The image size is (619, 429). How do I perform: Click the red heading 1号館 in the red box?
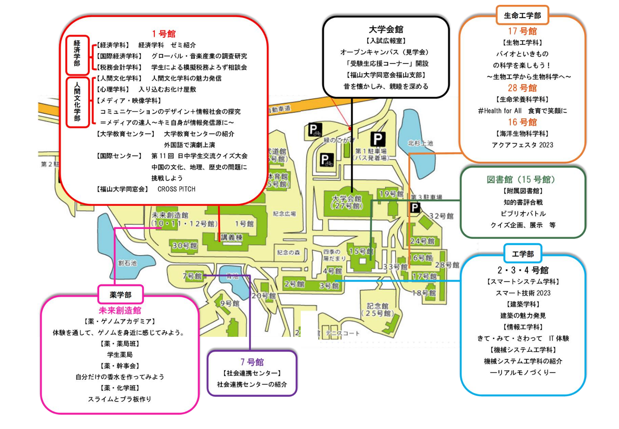(x=164, y=34)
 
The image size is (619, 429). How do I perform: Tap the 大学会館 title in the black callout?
(x=386, y=29)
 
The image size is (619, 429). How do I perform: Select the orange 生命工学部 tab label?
(x=522, y=15)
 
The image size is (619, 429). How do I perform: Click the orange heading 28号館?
(x=522, y=88)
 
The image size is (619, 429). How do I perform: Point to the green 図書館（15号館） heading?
(x=522, y=179)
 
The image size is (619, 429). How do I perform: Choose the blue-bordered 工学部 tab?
(x=523, y=254)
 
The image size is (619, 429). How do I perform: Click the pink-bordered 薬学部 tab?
(x=121, y=294)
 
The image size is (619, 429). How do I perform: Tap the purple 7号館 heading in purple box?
(x=252, y=362)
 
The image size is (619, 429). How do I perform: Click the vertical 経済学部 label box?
(x=77, y=54)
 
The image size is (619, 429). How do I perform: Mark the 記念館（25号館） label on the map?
(x=378, y=310)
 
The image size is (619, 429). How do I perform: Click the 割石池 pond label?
(x=127, y=263)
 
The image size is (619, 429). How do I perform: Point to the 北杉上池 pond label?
(x=420, y=143)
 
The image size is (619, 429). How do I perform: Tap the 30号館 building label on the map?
(x=184, y=246)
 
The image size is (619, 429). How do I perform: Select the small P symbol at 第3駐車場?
(x=415, y=208)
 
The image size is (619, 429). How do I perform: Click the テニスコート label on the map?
(x=342, y=333)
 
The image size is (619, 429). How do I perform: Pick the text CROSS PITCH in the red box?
(x=176, y=189)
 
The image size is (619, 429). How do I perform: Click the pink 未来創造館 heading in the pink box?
(x=120, y=310)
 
